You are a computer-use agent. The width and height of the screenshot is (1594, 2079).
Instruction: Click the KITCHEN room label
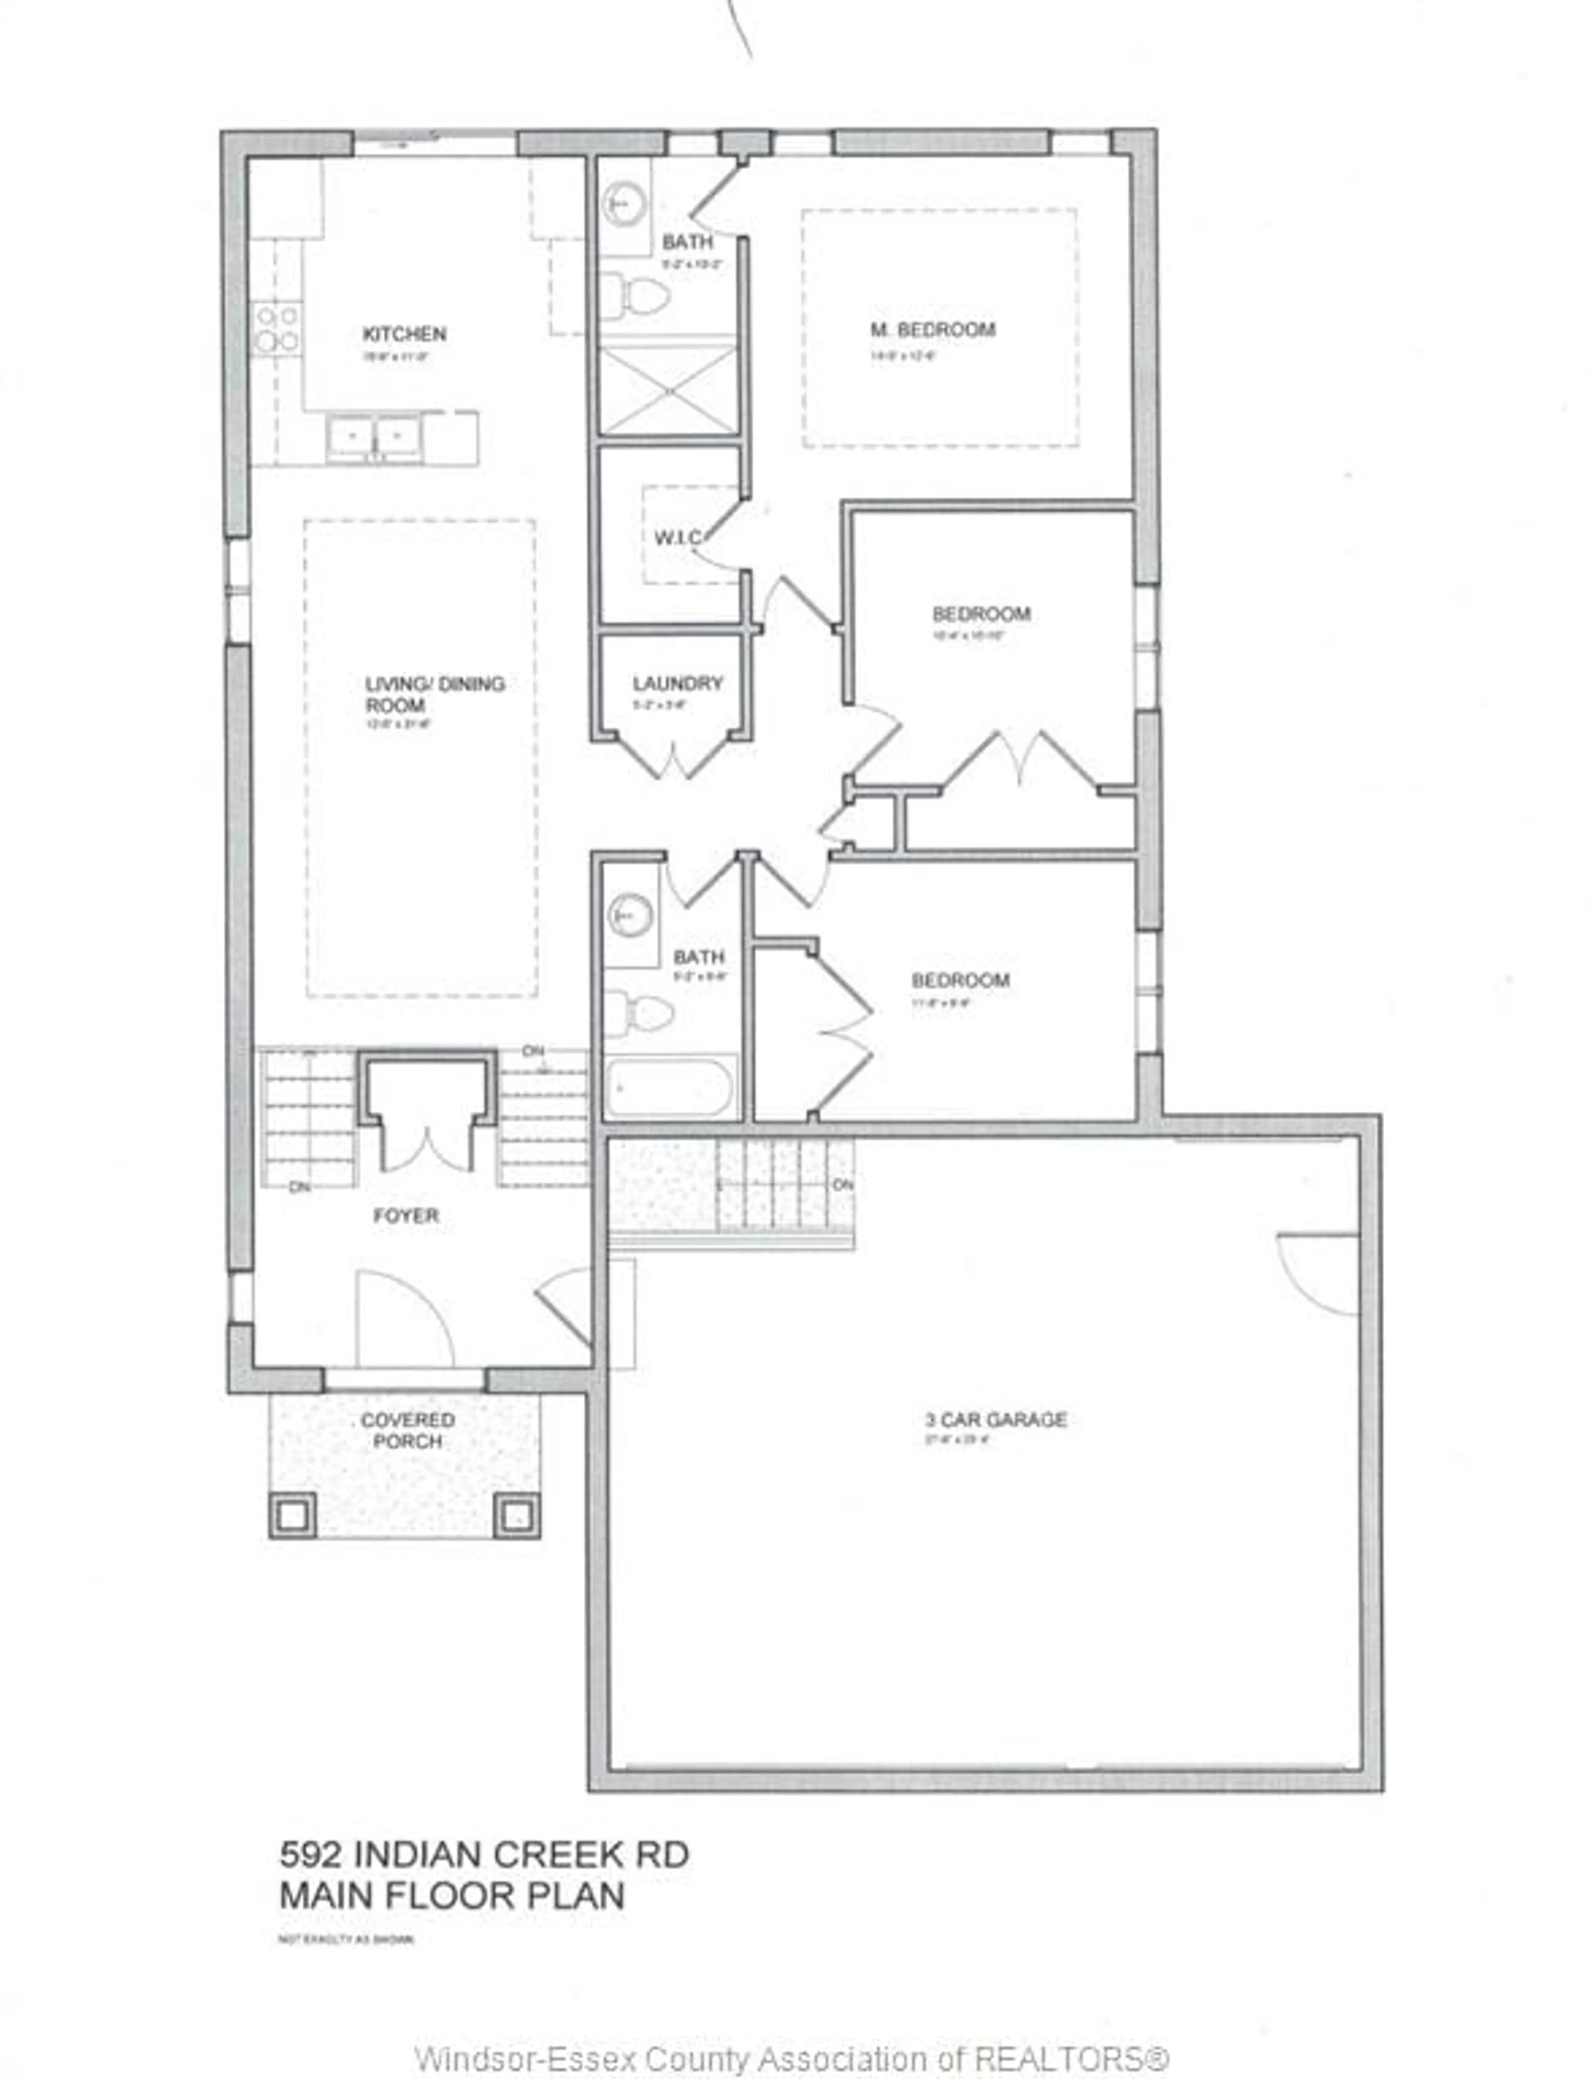pyautogui.click(x=404, y=334)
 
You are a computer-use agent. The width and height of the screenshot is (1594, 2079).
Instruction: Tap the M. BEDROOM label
pyautogui.click(x=933, y=330)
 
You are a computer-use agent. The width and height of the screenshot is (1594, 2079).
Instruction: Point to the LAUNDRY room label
pyautogui.click(x=677, y=683)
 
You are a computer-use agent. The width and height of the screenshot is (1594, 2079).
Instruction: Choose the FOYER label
pyautogui.click(x=406, y=1215)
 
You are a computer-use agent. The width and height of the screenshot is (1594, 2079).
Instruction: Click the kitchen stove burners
pyautogui.click(x=277, y=328)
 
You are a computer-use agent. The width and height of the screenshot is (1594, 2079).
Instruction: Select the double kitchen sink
pyautogui.click(x=375, y=438)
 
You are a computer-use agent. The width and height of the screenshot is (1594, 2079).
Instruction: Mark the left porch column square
pyautogui.click(x=292, y=1516)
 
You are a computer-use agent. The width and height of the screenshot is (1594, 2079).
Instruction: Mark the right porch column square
pyautogui.click(x=517, y=1516)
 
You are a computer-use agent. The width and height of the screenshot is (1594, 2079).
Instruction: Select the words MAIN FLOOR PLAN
pyautogui.click(x=452, y=1896)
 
